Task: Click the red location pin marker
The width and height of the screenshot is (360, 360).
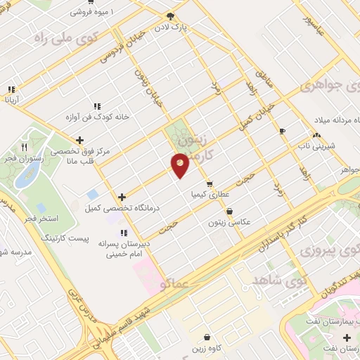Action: click(x=180, y=165)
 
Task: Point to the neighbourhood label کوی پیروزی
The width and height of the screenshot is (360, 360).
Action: click(x=327, y=251)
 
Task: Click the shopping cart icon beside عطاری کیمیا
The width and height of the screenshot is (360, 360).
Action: click(x=209, y=185)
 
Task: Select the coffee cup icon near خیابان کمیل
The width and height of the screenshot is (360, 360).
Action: click(x=282, y=131)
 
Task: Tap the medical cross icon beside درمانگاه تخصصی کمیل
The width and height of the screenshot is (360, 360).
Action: click(x=122, y=197)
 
